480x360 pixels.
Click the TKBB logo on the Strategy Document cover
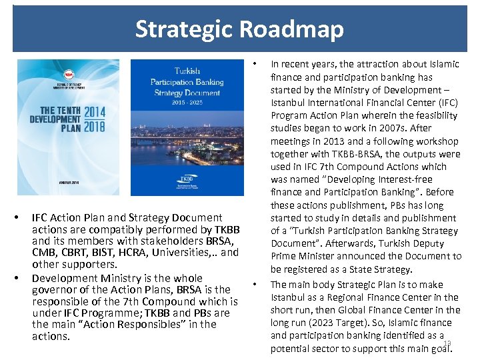(x=186, y=180)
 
